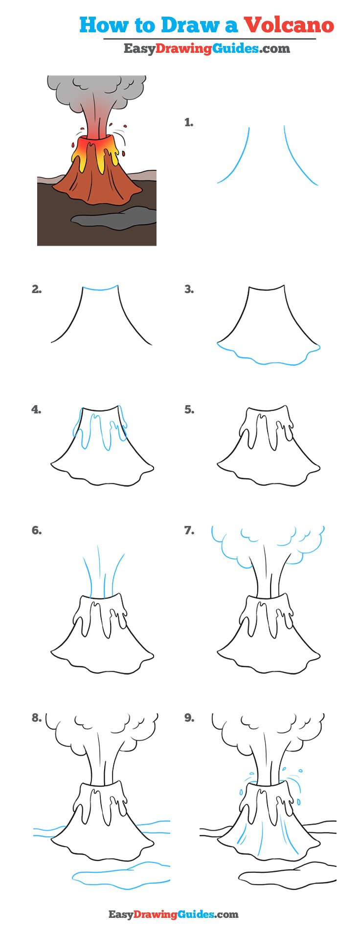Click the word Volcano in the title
coord(289,25)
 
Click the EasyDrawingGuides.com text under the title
coord(206,48)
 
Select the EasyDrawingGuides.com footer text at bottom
coord(173,914)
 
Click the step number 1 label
coord(189,123)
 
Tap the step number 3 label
coord(189,290)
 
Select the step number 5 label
coord(189,410)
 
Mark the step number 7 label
coord(189,530)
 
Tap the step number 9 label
coord(189,718)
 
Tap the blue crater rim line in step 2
coord(100,289)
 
